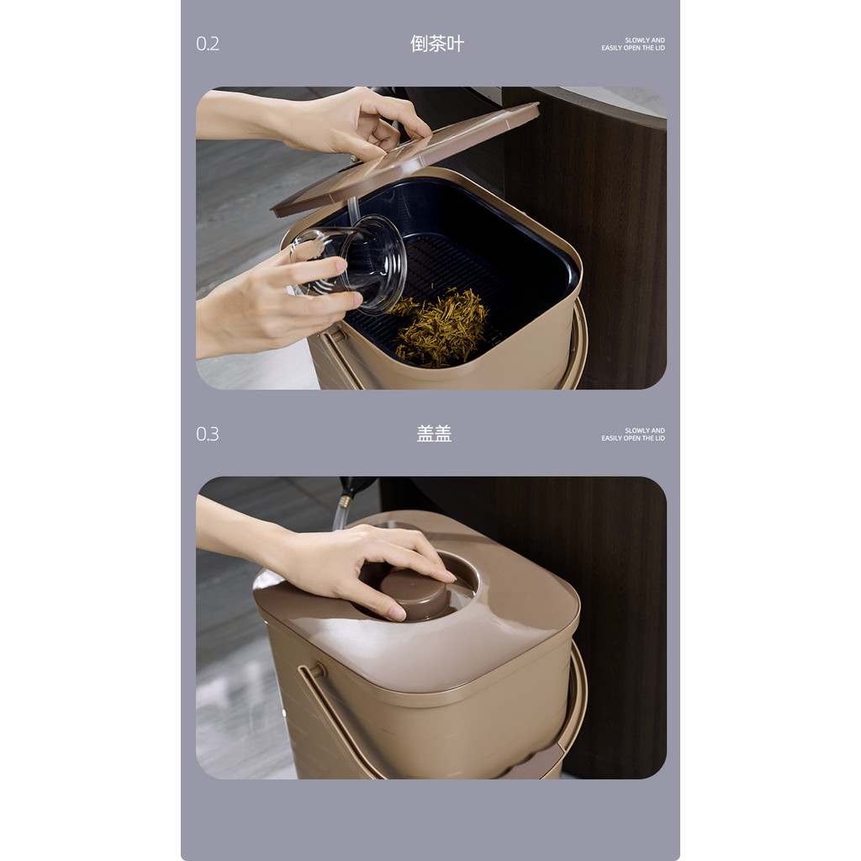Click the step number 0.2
[x=208, y=44]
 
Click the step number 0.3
[x=208, y=435]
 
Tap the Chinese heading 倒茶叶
[x=437, y=44]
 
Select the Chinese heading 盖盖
[x=434, y=434]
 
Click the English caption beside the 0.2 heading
[x=633, y=44]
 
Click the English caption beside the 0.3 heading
[x=633, y=435]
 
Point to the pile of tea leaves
[x=439, y=328]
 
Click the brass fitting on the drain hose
[x=346, y=501]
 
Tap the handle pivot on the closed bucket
[x=317, y=671]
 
